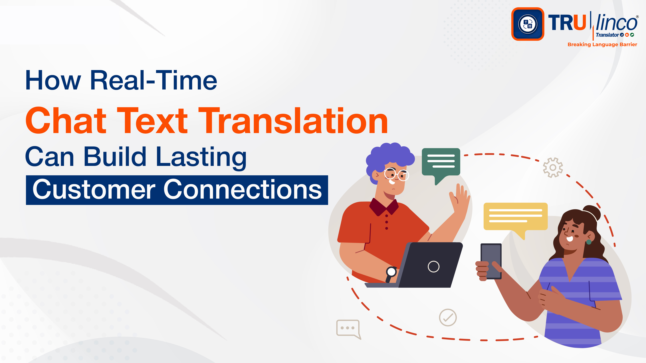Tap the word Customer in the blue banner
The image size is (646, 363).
pyautogui.click(x=94, y=190)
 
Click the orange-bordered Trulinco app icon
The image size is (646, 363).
pyautogui.click(x=528, y=24)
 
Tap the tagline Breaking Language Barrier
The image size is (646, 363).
pyautogui.click(x=602, y=44)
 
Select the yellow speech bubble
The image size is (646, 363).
pyautogui.click(x=515, y=217)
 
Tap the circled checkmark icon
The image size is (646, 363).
pyautogui.click(x=448, y=317)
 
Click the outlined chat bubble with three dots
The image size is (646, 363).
pyautogui.click(x=348, y=328)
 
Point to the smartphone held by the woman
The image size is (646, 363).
pyautogui.click(x=491, y=260)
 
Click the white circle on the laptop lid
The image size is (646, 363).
pyautogui.click(x=433, y=267)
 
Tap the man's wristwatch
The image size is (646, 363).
pyautogui.click(x=391, y=272)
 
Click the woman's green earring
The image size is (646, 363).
pyautogui.click(x=589, y=242)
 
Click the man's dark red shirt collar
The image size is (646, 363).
pyautogui.click(x=384, y=207)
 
